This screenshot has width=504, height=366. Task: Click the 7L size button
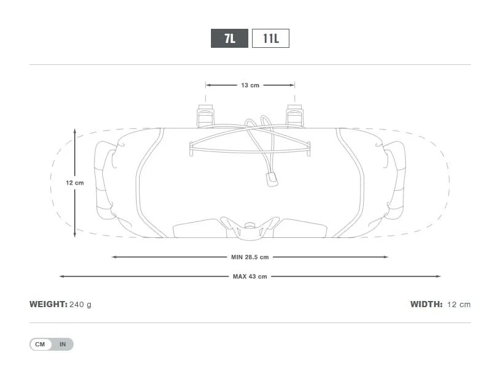click(229, 38)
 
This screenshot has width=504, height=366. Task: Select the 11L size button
click(270, 38)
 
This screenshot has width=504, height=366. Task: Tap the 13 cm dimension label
click(250, 85)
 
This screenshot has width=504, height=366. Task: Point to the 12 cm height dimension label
click(75, 183)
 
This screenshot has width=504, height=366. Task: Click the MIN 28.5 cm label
click(250, 257)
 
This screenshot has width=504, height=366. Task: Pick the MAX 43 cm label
click(250, 276)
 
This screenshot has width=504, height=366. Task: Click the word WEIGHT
click(48, 304)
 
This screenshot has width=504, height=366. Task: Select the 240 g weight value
click(80, 305)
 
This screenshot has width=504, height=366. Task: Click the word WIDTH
click(427, 304)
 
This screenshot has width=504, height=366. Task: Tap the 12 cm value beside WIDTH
click(459, 305)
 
